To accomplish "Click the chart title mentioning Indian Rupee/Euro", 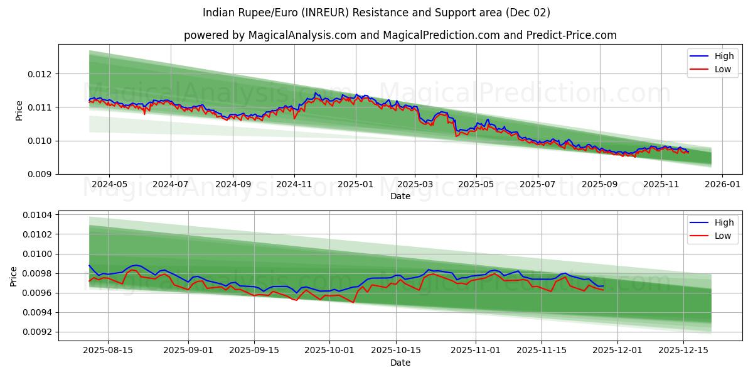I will point(376,13).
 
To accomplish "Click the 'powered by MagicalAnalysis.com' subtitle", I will point(400,35).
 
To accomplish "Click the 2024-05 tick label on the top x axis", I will point(109,185).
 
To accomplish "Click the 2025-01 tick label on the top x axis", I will point(356,185).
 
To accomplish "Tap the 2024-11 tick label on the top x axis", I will point(294,185).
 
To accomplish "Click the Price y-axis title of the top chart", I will point(19,109).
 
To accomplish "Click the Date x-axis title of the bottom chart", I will point(400,363).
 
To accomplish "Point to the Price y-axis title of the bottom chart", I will point(14,276).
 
